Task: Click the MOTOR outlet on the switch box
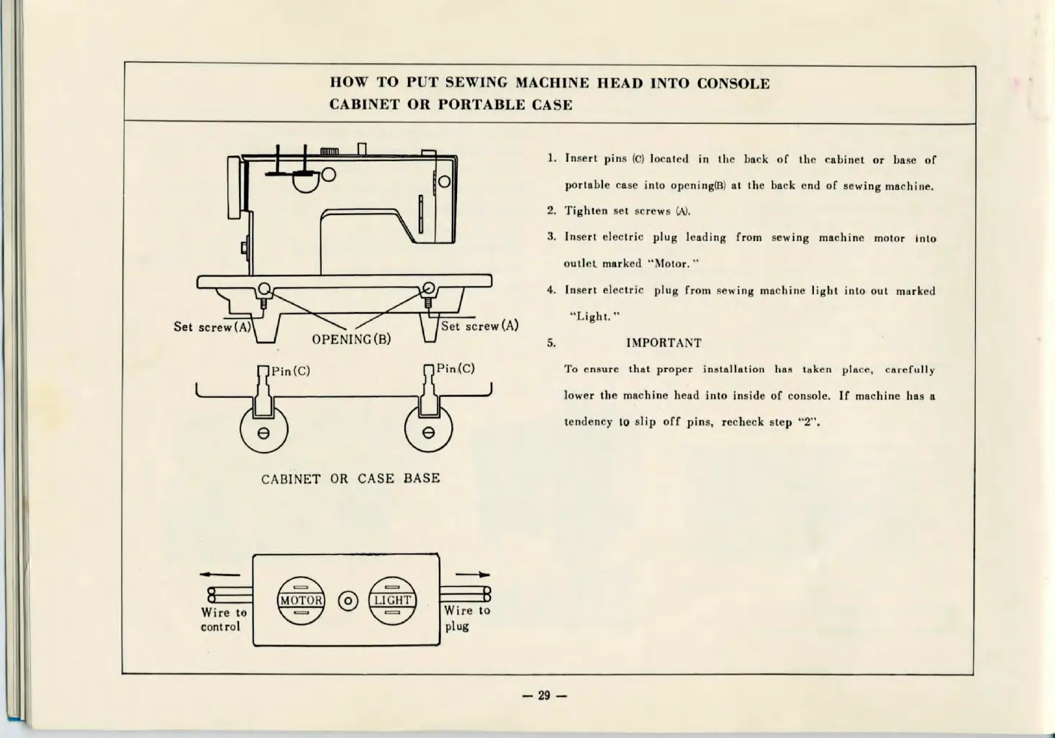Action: (x=301, y=601)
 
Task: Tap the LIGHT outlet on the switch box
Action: (x=392, y=601)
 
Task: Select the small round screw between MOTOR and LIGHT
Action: (x=348, y=601)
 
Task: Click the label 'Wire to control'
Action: (x=223, y=619)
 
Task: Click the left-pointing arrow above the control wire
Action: (x=219, y=574)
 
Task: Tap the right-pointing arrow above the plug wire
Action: (x=473, y=574)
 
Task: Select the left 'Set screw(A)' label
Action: (x=212, y=327)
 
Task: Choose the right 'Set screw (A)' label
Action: (x=479, y=326)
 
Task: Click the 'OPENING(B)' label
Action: (x=351, y=340)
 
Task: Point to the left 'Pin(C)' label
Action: (x=291, y=372)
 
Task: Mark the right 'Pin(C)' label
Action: (x=456, y=369)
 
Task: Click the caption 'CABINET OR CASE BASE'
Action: (x=350, y=478)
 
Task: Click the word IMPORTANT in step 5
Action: (x=664, y=343)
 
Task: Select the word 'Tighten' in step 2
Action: (x=586, y=211)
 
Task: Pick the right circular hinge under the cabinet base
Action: (x=429, y=432)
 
